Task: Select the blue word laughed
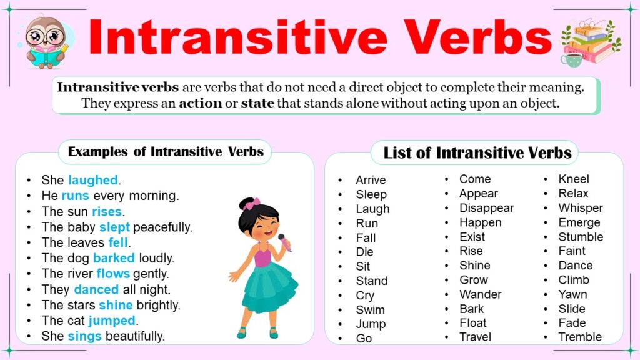93,180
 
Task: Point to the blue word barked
114,258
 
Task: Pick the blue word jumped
112,321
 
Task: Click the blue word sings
85,336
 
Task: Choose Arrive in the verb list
371,180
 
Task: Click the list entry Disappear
486,208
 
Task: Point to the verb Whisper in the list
581,208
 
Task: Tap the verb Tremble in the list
580,337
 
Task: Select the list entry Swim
370,309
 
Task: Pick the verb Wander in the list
480,294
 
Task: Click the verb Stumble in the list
581,237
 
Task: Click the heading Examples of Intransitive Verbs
166,151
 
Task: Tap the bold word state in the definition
257,103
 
